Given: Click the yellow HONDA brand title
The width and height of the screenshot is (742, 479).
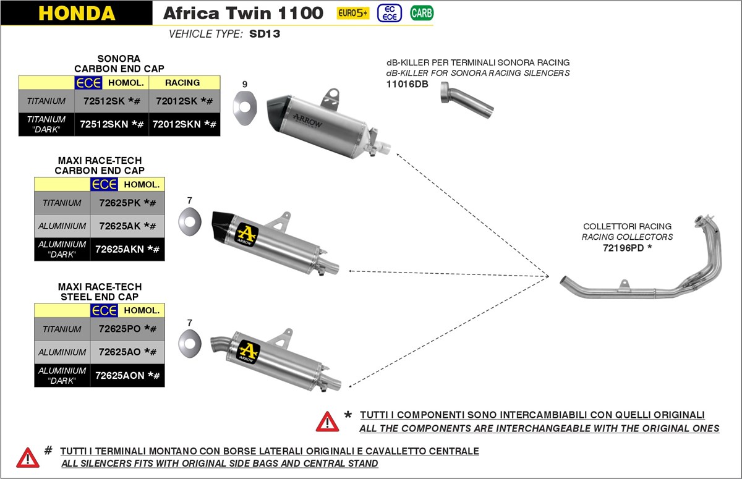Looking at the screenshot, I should tap(76, 13).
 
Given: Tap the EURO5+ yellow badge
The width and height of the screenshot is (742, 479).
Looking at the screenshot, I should tap(352, 13).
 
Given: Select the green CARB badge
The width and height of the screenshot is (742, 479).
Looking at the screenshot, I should tap(421, 13).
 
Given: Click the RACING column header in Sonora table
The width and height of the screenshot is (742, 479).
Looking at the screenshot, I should tap(182, 82).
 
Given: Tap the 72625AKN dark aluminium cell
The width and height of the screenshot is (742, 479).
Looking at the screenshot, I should tap(127, 249).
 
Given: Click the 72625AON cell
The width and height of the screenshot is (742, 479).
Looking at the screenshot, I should tap(127, 375).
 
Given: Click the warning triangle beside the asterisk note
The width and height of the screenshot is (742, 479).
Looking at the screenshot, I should tap(327, 422).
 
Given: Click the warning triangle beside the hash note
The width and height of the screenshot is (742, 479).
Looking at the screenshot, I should tap(28, 457).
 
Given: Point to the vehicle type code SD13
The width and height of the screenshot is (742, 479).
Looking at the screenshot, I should tap(265, 34).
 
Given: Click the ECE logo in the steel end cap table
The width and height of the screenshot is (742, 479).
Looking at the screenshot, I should tap(104, 310).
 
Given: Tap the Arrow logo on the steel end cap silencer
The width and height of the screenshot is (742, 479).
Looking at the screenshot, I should tap(249, 352).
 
